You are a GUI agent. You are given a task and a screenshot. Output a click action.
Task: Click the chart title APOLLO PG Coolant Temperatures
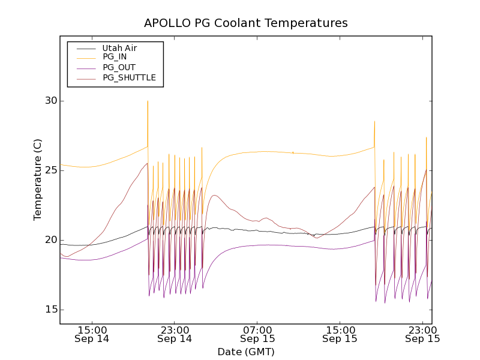pos(246,23)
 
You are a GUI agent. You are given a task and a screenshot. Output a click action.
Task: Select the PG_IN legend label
pos(115,57)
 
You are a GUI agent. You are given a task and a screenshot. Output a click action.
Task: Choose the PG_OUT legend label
pos(119,67)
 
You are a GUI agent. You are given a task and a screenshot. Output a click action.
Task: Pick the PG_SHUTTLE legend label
pos(129,77)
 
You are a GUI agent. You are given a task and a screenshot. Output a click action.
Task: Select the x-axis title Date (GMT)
pos(246,352)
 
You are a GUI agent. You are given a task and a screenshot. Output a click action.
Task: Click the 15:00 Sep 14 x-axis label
pos(92,334)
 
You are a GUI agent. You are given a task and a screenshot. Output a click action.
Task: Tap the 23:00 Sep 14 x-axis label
pos(175,334)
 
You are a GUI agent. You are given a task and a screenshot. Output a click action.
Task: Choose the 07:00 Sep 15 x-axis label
pos(257,334)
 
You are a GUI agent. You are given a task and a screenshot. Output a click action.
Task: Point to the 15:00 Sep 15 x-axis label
pos(340,334)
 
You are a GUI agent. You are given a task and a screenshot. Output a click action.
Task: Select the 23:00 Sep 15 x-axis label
pos(422,334)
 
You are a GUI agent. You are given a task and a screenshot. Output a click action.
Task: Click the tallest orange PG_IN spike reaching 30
pos(148,102)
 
